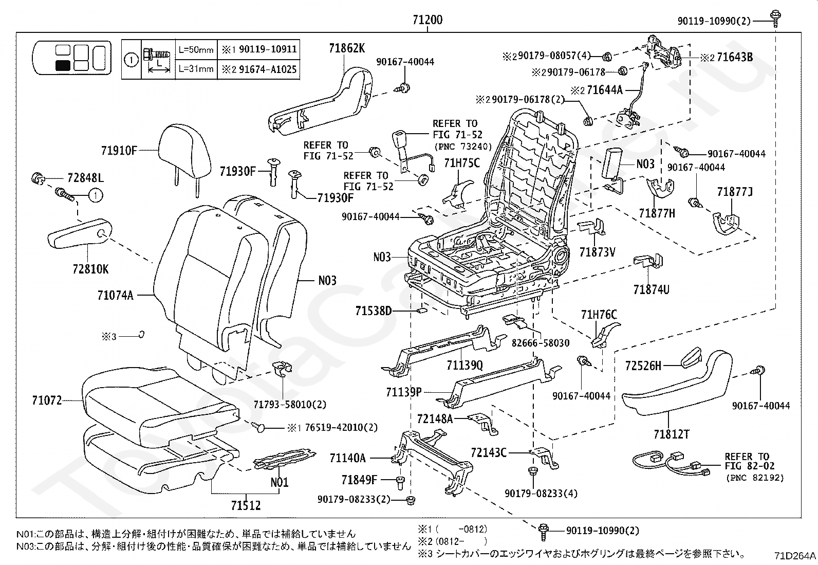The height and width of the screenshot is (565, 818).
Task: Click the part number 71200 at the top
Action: click(x=427, y=20)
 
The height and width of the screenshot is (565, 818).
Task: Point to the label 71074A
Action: click(x=116, y=295)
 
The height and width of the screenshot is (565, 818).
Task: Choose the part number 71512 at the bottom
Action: click(x=246, y=505)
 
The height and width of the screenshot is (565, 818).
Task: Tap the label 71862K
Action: click(x=346, y=48)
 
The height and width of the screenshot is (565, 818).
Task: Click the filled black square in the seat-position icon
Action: click(x=63, y=66)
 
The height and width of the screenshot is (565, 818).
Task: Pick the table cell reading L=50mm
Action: click(x=196, y=50)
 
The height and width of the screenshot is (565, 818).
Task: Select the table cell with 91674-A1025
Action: click(x=258, y=69)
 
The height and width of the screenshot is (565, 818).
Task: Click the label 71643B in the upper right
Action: click(x=735, y=57)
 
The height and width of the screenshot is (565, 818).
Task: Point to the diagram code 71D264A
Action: click(x=795, y=556)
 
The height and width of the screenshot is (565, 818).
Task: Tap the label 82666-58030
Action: click(x=541, y=343)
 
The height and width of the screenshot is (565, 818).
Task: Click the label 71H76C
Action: click(x=599, y=315)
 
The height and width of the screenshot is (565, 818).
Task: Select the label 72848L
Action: click(x=85, y=178)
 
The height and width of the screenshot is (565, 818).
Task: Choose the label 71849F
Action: click(x=359, y=480)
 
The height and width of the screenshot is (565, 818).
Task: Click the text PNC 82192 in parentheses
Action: click(x=755, y=478)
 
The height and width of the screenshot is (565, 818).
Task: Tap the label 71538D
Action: click(x=374, y=311)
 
